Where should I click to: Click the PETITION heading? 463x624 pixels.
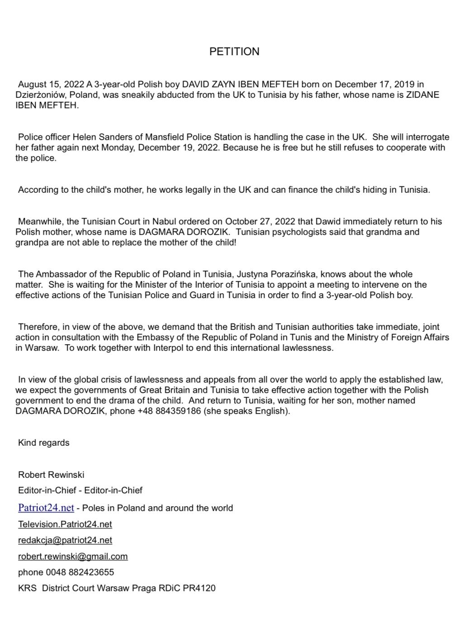[234, 52]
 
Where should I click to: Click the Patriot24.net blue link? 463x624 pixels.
[46, 508]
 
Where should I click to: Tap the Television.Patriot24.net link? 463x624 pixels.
[65, 524]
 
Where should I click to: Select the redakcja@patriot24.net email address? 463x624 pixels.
[65, 540]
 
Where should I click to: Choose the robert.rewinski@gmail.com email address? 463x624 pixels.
[73, 557]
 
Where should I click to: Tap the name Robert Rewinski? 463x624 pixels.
[51, 475]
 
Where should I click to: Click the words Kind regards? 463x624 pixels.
[44, 443]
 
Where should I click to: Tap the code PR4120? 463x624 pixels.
[199, 588]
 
